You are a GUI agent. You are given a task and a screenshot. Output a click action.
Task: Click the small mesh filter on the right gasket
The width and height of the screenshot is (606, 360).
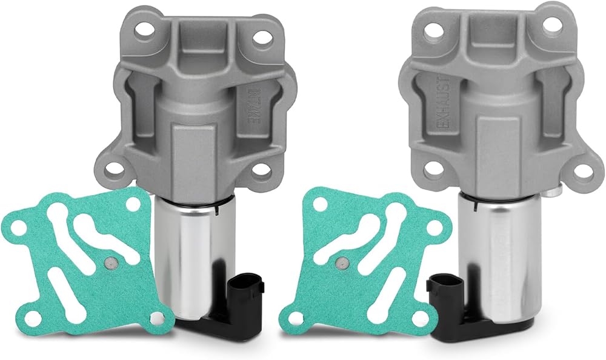click(342, 263)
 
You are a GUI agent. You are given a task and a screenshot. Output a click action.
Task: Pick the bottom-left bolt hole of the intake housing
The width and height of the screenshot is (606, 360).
click(114, 168)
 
